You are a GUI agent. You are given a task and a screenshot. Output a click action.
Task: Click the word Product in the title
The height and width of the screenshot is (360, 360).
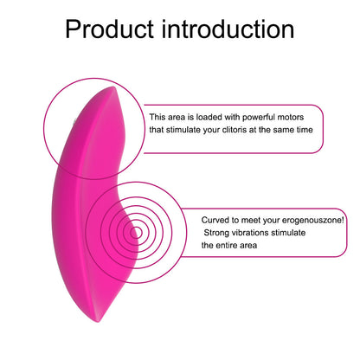[x=106, y=29]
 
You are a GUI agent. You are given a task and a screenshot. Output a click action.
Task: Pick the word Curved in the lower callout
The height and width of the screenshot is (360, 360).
[x=215, y=221]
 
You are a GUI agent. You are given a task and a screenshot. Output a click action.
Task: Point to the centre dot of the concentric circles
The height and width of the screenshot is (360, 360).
[x=134, y=231]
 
